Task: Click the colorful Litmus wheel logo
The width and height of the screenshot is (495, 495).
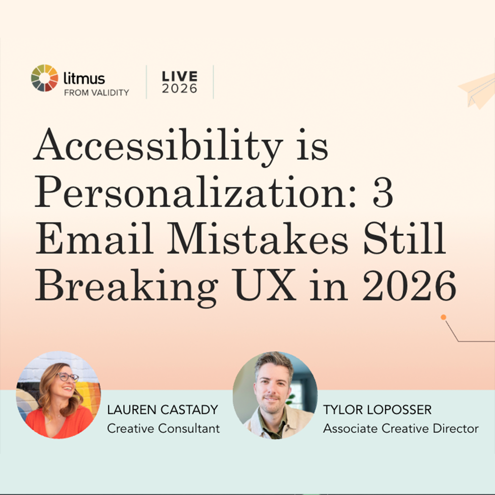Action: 45,78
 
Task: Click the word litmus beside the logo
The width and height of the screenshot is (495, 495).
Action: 84,78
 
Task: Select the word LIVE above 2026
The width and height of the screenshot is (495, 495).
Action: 180,76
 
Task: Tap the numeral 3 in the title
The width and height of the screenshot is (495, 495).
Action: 385,194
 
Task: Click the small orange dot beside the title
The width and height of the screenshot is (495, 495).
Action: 444,317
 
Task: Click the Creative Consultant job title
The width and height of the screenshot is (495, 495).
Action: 163,428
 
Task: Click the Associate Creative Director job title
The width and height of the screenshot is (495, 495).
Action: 400,428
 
